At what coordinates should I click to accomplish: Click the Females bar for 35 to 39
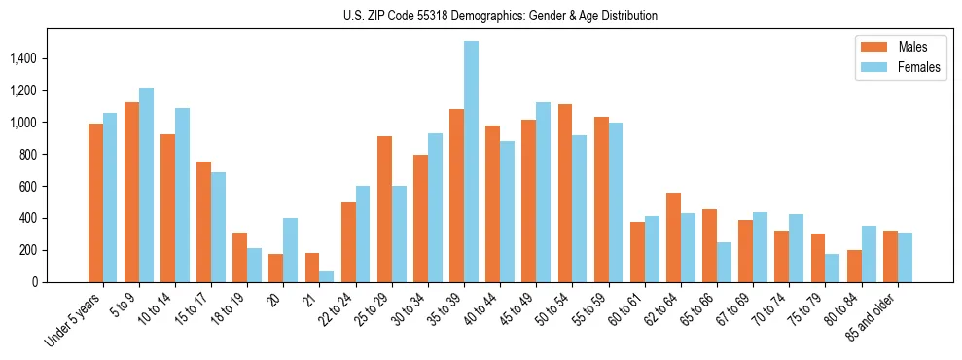pyautogui.click(x=471, y=162)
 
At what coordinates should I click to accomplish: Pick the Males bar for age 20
pyautogui.click(x=276, y=268)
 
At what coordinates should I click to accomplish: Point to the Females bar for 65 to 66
pyautogui.click(x=724, y=262)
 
